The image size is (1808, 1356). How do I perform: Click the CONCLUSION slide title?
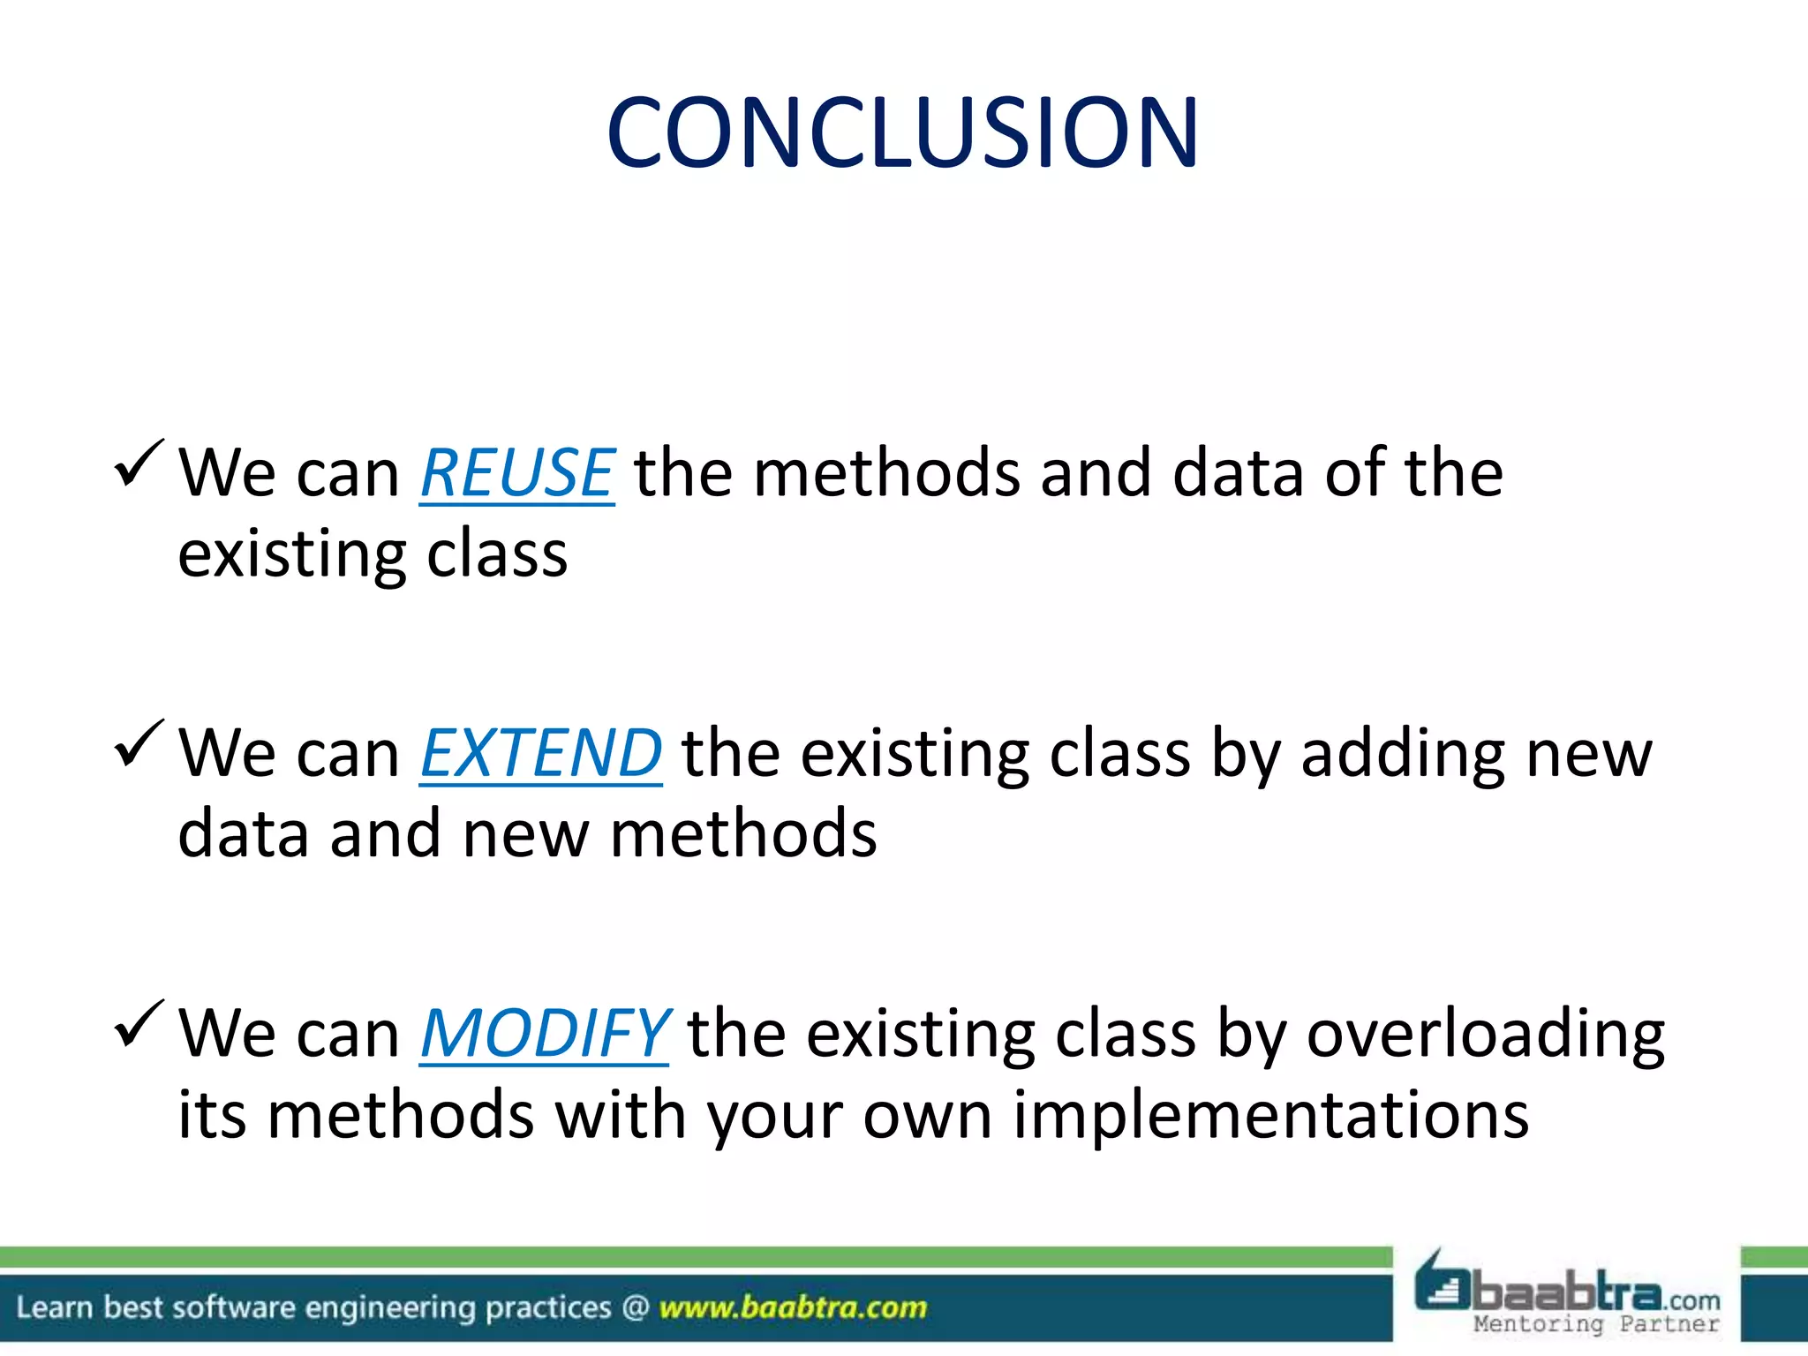coord(902,132)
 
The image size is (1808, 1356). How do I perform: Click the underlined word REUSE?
coord(516,473)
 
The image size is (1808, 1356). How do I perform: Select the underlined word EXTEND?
coord(540,753)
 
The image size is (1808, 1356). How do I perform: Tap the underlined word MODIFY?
coord(544,1033)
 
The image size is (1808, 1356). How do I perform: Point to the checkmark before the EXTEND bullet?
coord(139,743)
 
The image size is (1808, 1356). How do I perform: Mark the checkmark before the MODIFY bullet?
coord(139,1023)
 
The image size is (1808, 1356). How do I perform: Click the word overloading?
coord(1485,1035)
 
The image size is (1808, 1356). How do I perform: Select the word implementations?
coord(1270,1115)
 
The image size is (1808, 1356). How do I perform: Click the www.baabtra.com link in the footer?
coord(793,1307)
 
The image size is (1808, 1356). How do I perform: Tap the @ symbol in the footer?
coord(635,1307)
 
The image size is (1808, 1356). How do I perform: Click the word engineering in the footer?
coord(390,1307)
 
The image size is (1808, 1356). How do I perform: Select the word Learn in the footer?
coord(54,1307)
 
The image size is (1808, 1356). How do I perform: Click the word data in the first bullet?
coord(1237,473)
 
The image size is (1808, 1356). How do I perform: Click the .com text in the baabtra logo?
coord(1693,1300)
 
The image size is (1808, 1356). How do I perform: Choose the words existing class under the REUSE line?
coord(373,554)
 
